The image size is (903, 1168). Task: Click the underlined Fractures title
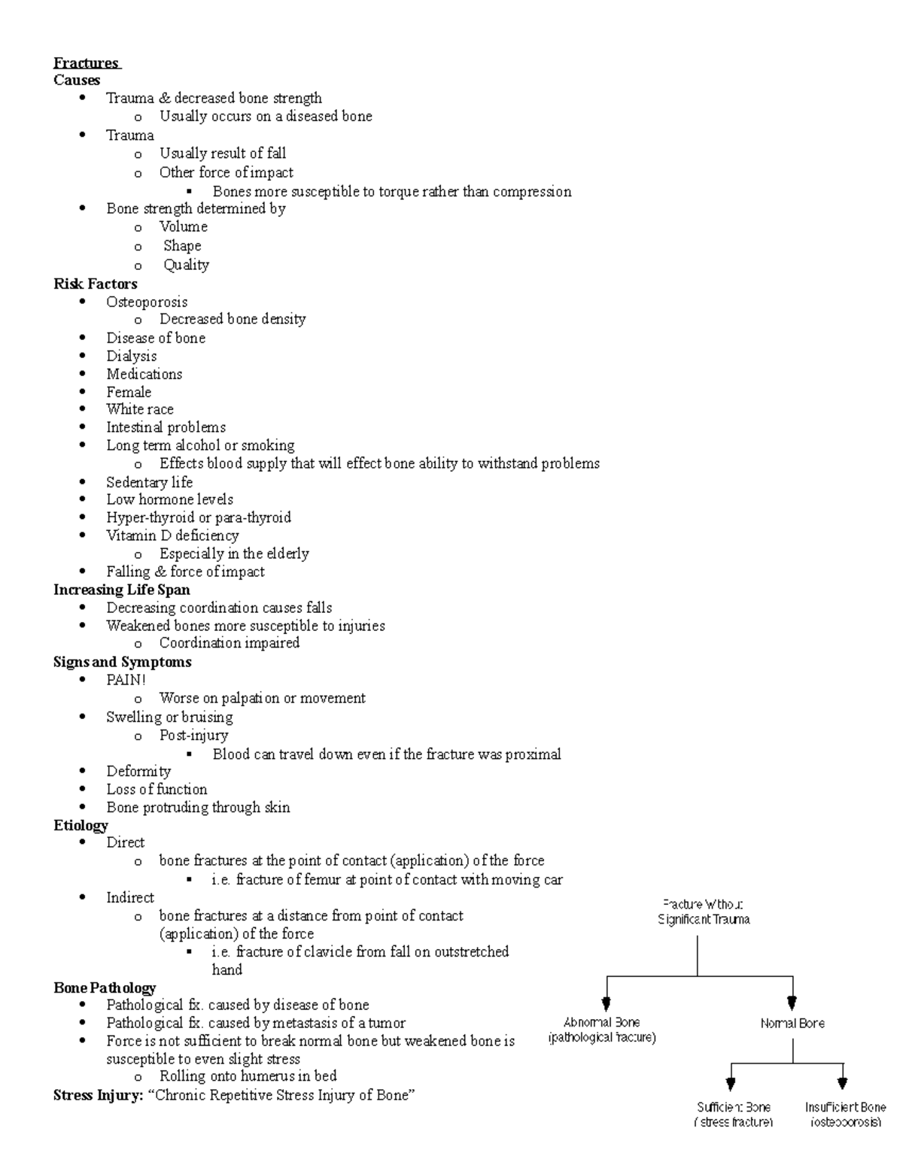(86, 63)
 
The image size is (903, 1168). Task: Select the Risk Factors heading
(95, 284)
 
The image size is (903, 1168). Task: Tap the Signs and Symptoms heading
(122, 662)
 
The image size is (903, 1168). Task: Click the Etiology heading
(81, 825)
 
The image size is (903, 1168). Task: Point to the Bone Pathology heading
(105, 987)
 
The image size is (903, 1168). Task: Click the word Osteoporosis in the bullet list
(147, 302)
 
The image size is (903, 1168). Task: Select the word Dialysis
(132, 356)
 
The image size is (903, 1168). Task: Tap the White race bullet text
(140, 409)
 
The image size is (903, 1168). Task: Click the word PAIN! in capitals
(126, 680)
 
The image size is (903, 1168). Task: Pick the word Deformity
(138, 771)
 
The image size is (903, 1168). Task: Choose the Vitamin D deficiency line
(172, 535)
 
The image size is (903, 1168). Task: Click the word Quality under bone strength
(186, 265)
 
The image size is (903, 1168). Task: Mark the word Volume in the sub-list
(183, 226)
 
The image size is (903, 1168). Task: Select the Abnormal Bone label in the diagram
(602, 1030)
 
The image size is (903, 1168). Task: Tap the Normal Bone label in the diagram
(792, 1023)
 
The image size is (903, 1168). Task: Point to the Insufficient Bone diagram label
(845, 1115)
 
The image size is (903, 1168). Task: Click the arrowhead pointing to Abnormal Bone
(607, 1003)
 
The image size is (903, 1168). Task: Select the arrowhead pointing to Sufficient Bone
(730, 1084)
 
